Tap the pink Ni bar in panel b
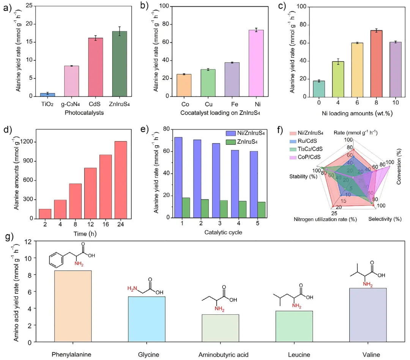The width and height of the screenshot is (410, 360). point(254,63)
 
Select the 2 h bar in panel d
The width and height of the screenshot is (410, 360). point(45,214)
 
